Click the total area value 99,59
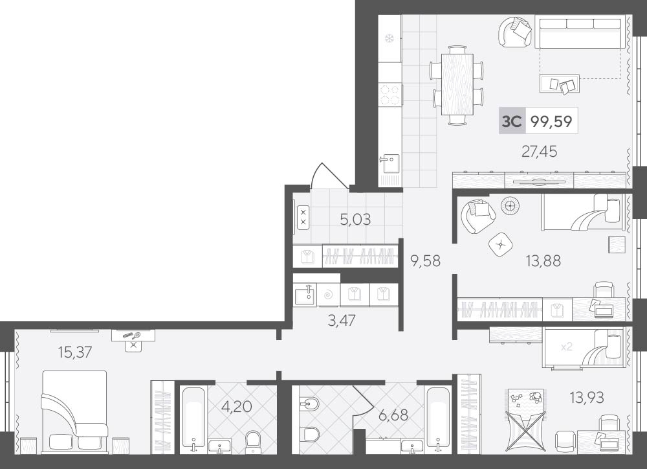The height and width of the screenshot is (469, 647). tap(551, 122)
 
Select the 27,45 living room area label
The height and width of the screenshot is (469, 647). tap(540, 152)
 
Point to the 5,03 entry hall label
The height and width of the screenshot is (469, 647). tap(355, 220)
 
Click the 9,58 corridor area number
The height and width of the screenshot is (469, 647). tap(425, 261)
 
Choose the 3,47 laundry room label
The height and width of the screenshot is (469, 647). tap(341, 320)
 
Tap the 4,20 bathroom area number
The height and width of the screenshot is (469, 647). tap(236, 407)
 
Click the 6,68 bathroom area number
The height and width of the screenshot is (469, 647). tap(393, 415)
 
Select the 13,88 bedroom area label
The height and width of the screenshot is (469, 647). tap(543, 261)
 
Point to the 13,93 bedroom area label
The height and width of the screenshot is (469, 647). tap(587, 398)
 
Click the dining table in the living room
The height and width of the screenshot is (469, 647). tap(457, 84)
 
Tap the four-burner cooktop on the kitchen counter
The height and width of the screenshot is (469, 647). tap(390, 95)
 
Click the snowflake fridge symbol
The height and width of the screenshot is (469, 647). tap(388, 39)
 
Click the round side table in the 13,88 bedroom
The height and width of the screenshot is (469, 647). tap(510, 205)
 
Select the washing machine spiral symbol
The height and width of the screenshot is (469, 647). tap(329, 295)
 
